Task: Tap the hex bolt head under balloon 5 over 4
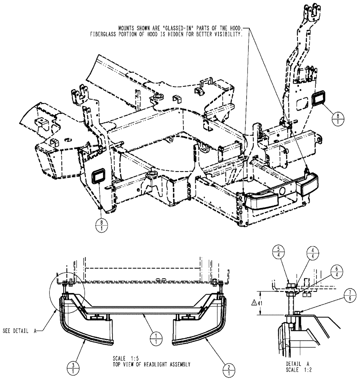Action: click(x=289, y=285)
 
